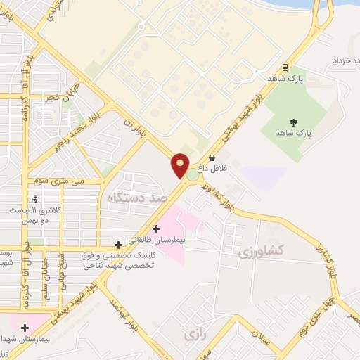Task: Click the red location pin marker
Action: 181,166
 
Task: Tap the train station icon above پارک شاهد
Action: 285,67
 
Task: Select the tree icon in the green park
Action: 293,122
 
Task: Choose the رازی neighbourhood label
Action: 195,335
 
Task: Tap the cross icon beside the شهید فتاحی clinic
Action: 117,245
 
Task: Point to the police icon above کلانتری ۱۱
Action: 34,199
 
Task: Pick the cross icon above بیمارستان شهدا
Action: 25,327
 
